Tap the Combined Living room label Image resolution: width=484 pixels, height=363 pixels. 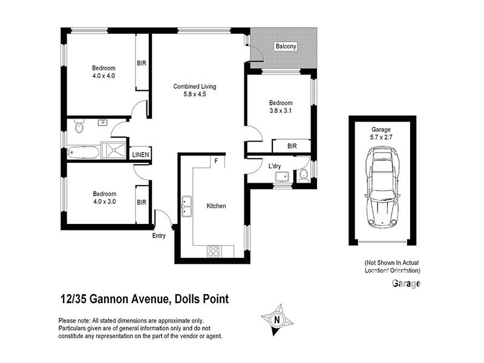(194, 86)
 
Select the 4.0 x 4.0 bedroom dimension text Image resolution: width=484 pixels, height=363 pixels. (103, 76)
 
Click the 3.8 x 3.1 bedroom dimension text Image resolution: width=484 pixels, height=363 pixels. (281, 111)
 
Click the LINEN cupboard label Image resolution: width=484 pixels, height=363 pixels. (141, 155)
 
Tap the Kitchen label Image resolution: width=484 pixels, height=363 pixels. (216, 206)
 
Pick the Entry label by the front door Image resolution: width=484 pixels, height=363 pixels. (159, 235)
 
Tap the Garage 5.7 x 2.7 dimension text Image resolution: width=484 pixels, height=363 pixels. (381, 137)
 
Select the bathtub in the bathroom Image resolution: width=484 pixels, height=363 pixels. (83, 151)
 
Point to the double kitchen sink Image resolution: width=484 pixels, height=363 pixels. (186, 207)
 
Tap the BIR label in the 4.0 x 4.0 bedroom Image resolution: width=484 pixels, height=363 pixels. (142, 63)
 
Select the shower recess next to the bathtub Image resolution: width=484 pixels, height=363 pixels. (114, 151)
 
